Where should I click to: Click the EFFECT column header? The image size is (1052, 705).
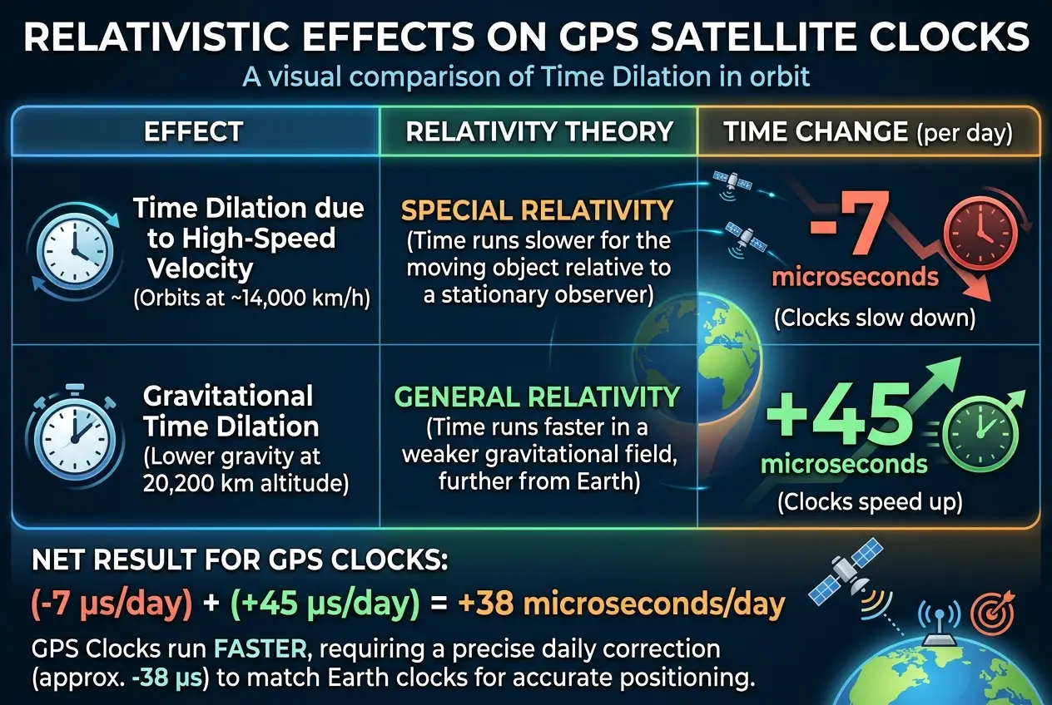pos(193,131)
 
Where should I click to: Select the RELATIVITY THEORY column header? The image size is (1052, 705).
pos(539,131)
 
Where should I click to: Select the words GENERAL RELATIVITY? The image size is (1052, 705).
pos(537,398)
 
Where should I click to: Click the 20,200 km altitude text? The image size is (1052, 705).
pos(246,483)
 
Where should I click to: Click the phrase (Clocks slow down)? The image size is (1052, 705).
pos(874,318)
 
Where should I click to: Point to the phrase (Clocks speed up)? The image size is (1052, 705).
pos(869,502)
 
